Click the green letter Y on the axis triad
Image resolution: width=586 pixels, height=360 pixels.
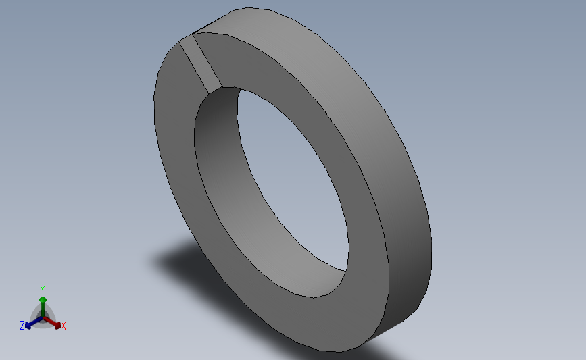pos(42,290)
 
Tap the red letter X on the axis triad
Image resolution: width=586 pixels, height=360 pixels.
pos(63,326)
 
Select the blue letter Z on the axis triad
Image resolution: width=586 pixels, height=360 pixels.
pos(22,326)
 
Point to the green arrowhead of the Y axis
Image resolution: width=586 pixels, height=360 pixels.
pos(43,299)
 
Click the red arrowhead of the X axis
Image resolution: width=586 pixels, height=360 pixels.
pos(57,326)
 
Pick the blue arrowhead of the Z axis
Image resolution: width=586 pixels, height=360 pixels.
pos(28,326)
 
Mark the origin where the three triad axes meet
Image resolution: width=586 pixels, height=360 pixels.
pos(43,318)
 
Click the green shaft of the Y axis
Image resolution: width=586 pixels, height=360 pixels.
pos(43,309)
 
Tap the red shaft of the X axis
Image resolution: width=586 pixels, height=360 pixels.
pos(50,321)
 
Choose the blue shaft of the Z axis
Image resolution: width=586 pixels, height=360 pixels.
pos(36,322)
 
